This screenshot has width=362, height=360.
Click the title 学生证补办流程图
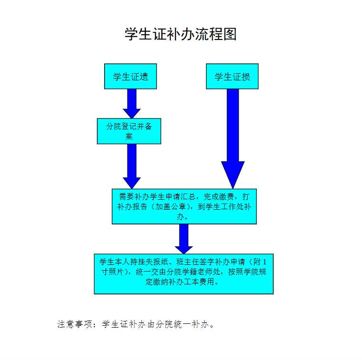181,34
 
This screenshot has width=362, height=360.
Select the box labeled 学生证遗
130,76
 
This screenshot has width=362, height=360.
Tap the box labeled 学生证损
232,76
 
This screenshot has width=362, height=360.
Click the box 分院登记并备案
129,131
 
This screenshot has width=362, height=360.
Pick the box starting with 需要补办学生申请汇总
184,206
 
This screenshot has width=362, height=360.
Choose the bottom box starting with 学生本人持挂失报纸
184,273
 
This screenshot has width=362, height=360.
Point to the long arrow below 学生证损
233,138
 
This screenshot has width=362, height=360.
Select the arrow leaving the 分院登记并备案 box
132,165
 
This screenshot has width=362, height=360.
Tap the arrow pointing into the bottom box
184,238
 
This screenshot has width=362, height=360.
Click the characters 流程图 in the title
221,34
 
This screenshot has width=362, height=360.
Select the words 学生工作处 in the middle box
223,206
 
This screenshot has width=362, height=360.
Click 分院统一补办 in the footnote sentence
184,324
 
